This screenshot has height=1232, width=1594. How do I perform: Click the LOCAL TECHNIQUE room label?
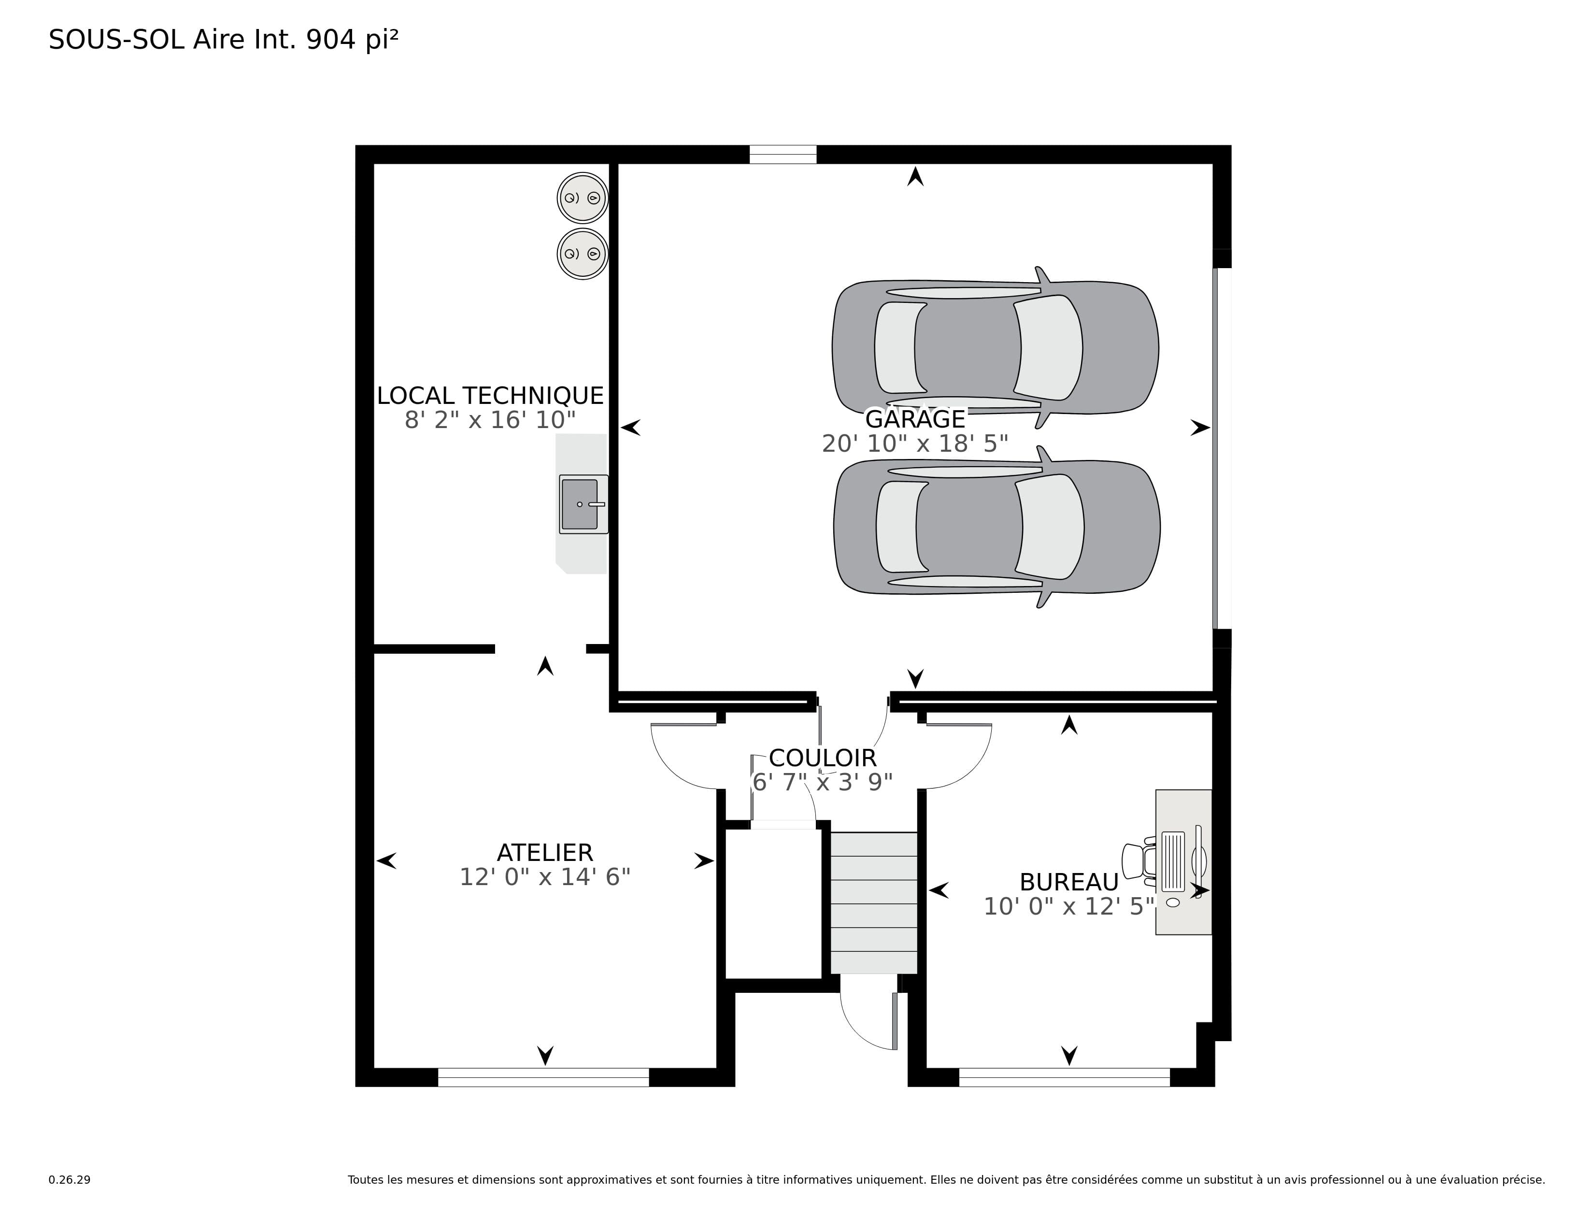[x=490, y=396]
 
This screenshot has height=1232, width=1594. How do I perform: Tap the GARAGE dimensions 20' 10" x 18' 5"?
[x=915, y=443]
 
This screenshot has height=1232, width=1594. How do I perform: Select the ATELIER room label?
[x=545, y=852]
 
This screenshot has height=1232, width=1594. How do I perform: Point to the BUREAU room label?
[x=1069, y=882]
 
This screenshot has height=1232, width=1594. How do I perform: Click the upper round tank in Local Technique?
[x=583, y=198]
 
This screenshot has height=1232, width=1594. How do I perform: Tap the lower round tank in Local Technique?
[x=583, y=254]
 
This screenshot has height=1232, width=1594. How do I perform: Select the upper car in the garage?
[x=996, y=347]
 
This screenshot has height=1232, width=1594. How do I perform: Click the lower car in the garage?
[x=997, y=527]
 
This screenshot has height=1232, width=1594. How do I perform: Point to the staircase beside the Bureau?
[x=874, y=903]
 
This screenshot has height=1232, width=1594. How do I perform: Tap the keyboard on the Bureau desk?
[x=1173, y=861]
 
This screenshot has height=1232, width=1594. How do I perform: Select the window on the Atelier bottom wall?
[x=543, y=1077]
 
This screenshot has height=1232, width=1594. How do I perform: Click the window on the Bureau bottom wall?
[x=1064, y=1077]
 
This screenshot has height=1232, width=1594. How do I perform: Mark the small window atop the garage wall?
[x=783, y=155]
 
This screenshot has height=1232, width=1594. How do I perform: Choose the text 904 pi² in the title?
[x=352, y=40]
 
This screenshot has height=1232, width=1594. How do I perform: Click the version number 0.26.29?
[x=70, y=1179]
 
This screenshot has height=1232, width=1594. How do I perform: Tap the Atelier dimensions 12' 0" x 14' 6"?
[x=545, y=876]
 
